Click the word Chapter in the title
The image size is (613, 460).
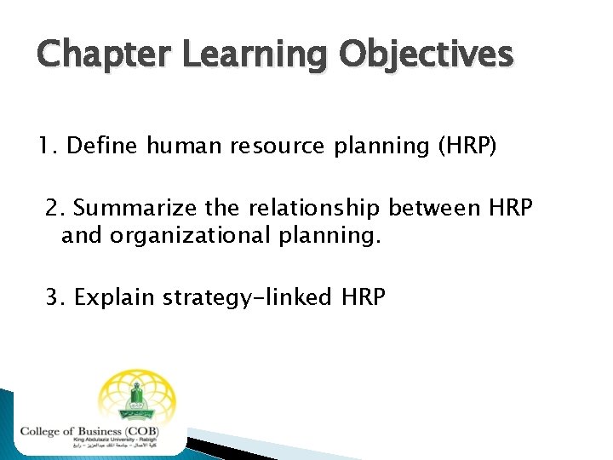[x=93, y=55]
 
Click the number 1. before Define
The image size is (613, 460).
[x=48, y=147]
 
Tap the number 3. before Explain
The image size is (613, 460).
[x=55, y=297]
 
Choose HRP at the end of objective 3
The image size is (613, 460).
[x=364, y=297]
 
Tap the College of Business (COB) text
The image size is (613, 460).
[x=92, y=431]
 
